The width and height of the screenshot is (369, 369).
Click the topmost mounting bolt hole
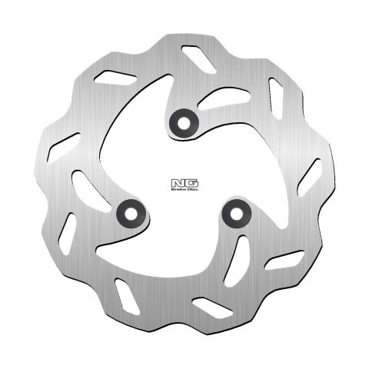pyautogui.click(x=183, y=119)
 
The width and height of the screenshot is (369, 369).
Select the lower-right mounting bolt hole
pyautogui.click(x=235, y=213)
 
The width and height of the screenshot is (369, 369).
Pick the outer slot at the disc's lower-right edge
pyautogui.click(x=284, y=260)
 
